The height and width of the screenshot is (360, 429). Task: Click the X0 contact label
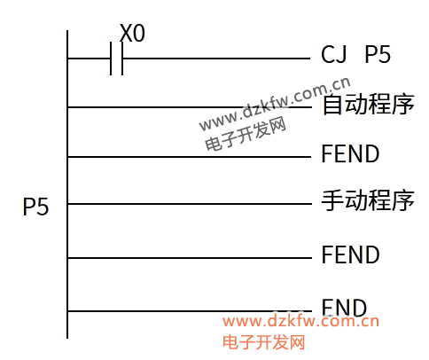132,33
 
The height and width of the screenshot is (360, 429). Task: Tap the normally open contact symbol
116,59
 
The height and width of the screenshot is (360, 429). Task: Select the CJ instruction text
333,54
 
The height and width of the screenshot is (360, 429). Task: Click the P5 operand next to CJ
378,54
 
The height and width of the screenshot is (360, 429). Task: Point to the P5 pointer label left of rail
35,207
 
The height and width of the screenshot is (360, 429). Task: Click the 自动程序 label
368,104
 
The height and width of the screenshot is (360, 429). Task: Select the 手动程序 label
368,200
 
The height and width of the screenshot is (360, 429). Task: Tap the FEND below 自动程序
350,153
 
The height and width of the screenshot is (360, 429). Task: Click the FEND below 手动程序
350,254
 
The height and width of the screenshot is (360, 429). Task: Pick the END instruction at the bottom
344,308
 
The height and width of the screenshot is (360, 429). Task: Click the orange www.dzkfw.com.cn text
300,321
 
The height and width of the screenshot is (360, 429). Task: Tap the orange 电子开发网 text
263,342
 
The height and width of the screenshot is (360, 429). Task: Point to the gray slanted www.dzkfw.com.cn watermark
275,104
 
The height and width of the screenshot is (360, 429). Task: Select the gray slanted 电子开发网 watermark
246,133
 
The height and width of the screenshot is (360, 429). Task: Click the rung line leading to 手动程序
190,204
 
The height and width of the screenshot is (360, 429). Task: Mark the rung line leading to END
190,311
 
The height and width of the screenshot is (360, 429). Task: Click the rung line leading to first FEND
190,157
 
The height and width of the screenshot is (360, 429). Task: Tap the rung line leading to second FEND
190,258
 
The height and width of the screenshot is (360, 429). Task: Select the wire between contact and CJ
216,59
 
